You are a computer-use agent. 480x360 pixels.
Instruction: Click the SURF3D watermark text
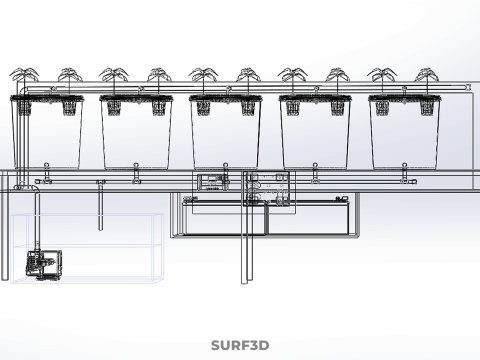point(240,346)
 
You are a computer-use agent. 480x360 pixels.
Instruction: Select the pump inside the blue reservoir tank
point(41,265)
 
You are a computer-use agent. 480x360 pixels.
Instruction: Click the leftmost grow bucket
point(46,135)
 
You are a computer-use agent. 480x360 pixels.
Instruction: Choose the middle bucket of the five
point(226,135)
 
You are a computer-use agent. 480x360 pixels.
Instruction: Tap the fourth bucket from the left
point(316,135)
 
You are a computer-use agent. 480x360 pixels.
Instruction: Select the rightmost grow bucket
point(406,135)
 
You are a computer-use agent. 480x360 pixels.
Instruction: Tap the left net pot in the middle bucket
point(204,105)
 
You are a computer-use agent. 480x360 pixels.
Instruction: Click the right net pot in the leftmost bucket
point(68,105)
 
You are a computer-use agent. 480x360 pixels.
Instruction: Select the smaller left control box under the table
point(210,183)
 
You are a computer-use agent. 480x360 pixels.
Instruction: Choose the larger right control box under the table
point(270,187)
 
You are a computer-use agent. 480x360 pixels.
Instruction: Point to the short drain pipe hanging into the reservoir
point(99,205)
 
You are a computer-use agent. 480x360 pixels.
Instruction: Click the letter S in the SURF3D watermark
point(216,346)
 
